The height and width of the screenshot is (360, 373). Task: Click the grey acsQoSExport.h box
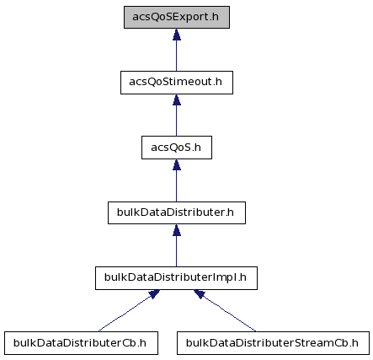(x=177, y=17)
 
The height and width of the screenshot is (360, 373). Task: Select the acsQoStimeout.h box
(x=177, y=83)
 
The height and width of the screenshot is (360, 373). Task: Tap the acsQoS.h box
(x=177, y=148)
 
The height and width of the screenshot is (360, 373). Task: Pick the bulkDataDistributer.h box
(x=177, y=212)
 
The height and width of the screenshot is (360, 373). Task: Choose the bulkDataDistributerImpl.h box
(x=176, y=278)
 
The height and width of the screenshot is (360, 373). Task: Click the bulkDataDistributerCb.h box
(x=81, y=343)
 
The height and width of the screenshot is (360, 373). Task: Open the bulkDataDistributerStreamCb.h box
(x=273, y=343)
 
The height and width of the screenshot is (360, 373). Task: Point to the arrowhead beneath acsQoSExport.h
(x=177, y=35)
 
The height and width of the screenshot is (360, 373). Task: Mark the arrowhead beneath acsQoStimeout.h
(x=177, y=99)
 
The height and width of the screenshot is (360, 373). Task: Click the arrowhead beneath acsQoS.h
(x=177, y=164)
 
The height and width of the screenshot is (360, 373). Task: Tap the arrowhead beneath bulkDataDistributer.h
(x=177, y=230)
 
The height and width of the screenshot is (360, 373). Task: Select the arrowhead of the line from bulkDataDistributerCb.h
(x=154, y=294)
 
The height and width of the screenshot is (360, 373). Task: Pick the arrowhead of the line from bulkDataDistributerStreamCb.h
(x=200, y=294)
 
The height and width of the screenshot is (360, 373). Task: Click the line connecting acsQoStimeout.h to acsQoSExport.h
(x=177, y=56)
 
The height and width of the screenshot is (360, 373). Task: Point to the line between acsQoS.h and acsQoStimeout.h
(x=177, y=121)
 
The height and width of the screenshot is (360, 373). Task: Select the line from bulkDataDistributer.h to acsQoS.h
(x=177, y=186)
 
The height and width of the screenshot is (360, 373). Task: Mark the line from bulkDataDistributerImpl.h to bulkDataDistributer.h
(x=177, y=251)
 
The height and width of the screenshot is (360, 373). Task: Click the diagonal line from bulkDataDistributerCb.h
(x=125, y=314)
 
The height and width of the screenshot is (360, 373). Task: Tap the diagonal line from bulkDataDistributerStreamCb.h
(x=228, y=314)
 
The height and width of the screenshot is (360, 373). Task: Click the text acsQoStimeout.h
(x=176, y=82)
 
